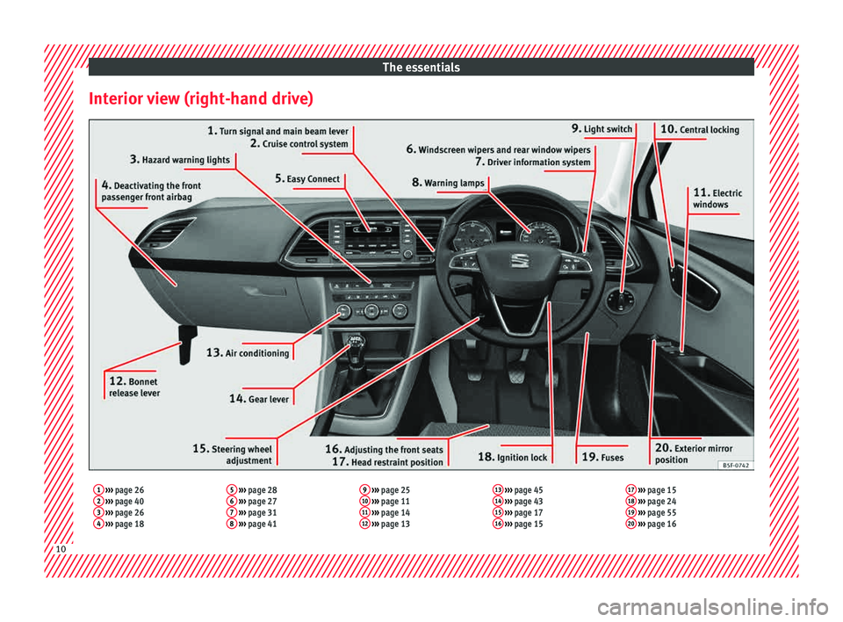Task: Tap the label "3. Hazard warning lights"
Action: click(x=180, y=160)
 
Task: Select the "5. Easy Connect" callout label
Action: click(x=307, y=178)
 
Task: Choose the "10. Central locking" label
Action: click(x=699, y=129)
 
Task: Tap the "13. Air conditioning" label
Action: click(x=248, y=352)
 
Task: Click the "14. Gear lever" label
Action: click(x=258, y=398)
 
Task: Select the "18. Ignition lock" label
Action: click(x=513, y=457)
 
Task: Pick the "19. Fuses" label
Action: click(x=603, y=457)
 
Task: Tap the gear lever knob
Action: click(x=356, y=341)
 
